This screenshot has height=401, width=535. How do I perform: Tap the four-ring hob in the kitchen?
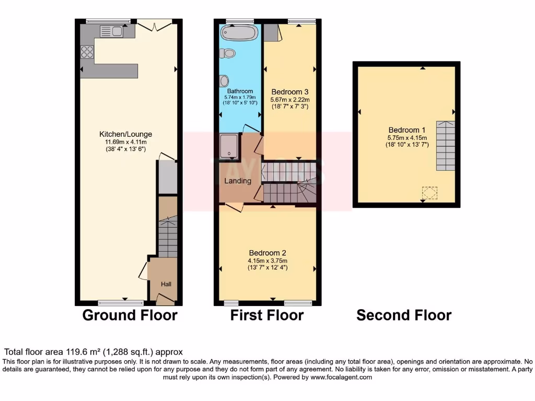pyautogui.click(x=87, y=52)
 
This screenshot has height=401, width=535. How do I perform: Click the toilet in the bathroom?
pyautogui.click(x=228, y=53)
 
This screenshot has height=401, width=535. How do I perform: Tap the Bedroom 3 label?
pyautogui.click(x=289, y=92)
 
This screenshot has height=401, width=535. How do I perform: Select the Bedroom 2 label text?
pyautogui.click(x=267, y=253)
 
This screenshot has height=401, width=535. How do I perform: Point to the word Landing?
pyautogui.click(x=238, y=181)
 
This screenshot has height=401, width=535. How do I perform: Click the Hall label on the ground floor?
pyautogui.click(x=166, y=284)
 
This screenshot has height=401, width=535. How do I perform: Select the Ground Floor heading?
pyautogui.click(x=130, y=315)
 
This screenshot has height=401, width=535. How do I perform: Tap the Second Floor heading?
pyautogui.click(x=404, y=315)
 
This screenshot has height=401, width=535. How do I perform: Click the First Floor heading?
pyautogui.click(x=267, y=315)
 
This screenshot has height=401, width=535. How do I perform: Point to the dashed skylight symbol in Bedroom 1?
pyautogui.click(x=429, y=193)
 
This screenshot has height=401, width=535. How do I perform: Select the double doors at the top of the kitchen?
pyautogui.click(x=155, y=25)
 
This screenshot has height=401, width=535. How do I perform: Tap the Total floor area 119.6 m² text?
pyautogui.click(x=94, y=352)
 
